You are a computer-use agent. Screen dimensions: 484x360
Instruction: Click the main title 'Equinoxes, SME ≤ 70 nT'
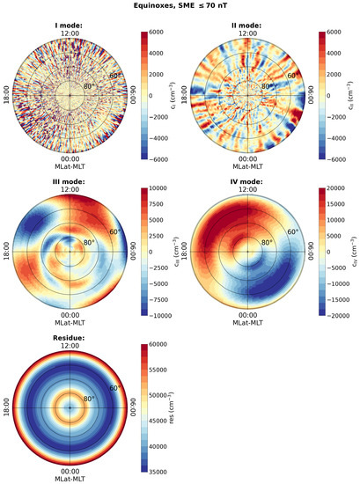[x=180, y=6]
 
